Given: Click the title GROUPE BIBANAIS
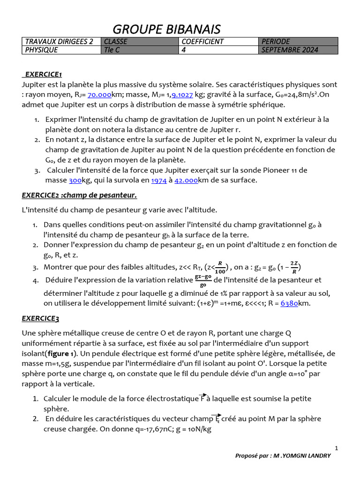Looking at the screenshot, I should (x=166, y=29).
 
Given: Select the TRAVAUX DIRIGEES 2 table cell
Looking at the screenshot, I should (x=59, y=41).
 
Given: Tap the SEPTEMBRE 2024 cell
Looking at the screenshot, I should (x=290, y=50).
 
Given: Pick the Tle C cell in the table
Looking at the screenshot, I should (x=112, y=50).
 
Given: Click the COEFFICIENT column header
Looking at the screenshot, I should (x=202, y=41).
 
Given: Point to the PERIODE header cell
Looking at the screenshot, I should (x=276, y=41).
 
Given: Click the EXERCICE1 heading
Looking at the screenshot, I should (x=43, y=74).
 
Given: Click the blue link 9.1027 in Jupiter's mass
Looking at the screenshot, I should (x=183, y=94).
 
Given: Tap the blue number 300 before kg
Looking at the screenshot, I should (x=75, y=180).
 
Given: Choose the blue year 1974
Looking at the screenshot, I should (x=159, y=180).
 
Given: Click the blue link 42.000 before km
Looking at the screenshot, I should (x=186, y=180).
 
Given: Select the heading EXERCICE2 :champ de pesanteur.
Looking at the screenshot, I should (x=79, y=195).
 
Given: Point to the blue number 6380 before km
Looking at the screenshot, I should (x=290, y=303).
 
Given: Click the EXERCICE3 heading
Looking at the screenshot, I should (x=41, y=319).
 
